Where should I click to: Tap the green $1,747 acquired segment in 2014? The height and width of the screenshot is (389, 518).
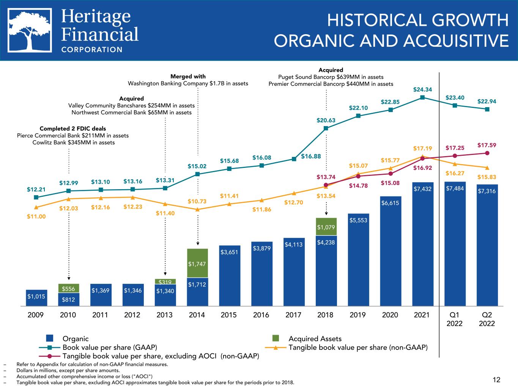point(197,263)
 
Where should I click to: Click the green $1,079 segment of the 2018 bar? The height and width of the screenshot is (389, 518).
point(326,227)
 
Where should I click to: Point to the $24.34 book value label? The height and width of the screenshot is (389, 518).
point(422,90)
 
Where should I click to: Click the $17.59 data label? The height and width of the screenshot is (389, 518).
point(487,145)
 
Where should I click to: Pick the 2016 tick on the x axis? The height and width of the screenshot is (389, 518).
point(261,315)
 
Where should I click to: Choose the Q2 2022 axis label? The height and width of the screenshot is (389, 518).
point(487,319)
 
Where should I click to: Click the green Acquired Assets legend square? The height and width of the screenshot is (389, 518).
point(276,338)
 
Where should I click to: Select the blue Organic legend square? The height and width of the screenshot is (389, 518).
point(49,338)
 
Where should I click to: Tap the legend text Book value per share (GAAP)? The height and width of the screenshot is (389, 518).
point(110,347)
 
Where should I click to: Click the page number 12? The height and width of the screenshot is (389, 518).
point(496,380)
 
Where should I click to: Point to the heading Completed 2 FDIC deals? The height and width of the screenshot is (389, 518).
point(73,128)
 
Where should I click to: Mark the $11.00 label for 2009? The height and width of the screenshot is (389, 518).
point(36,216)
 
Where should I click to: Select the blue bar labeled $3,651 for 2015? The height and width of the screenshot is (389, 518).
point(230,275)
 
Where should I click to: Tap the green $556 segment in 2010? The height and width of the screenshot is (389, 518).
point(68,288)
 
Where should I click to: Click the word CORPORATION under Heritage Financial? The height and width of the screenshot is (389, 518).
point(92,49)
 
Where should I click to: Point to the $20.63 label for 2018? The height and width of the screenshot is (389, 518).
point(326,120)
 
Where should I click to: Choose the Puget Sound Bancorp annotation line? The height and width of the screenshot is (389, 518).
point(326,77)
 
